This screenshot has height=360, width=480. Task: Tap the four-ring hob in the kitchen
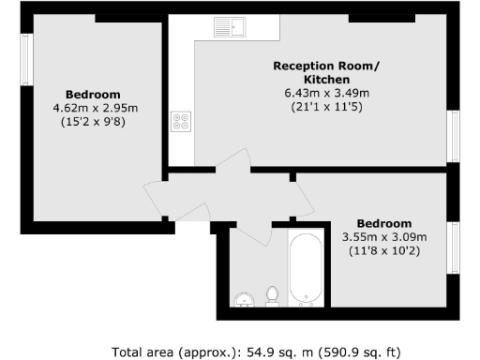click(x=180, y=121)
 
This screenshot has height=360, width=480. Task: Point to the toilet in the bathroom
click(x=273, y=295)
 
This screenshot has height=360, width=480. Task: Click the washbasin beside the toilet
click(x=244, y=299)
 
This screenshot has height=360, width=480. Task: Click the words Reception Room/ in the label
click(x=313, y=66)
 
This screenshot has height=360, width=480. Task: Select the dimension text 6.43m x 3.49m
click(x=313, y=93)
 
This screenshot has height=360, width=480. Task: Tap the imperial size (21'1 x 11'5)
click(x=313, y=107)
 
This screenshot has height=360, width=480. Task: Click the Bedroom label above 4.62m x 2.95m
click(x=93, y=95)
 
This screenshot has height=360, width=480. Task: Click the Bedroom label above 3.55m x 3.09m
click(x=385, y=223)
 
